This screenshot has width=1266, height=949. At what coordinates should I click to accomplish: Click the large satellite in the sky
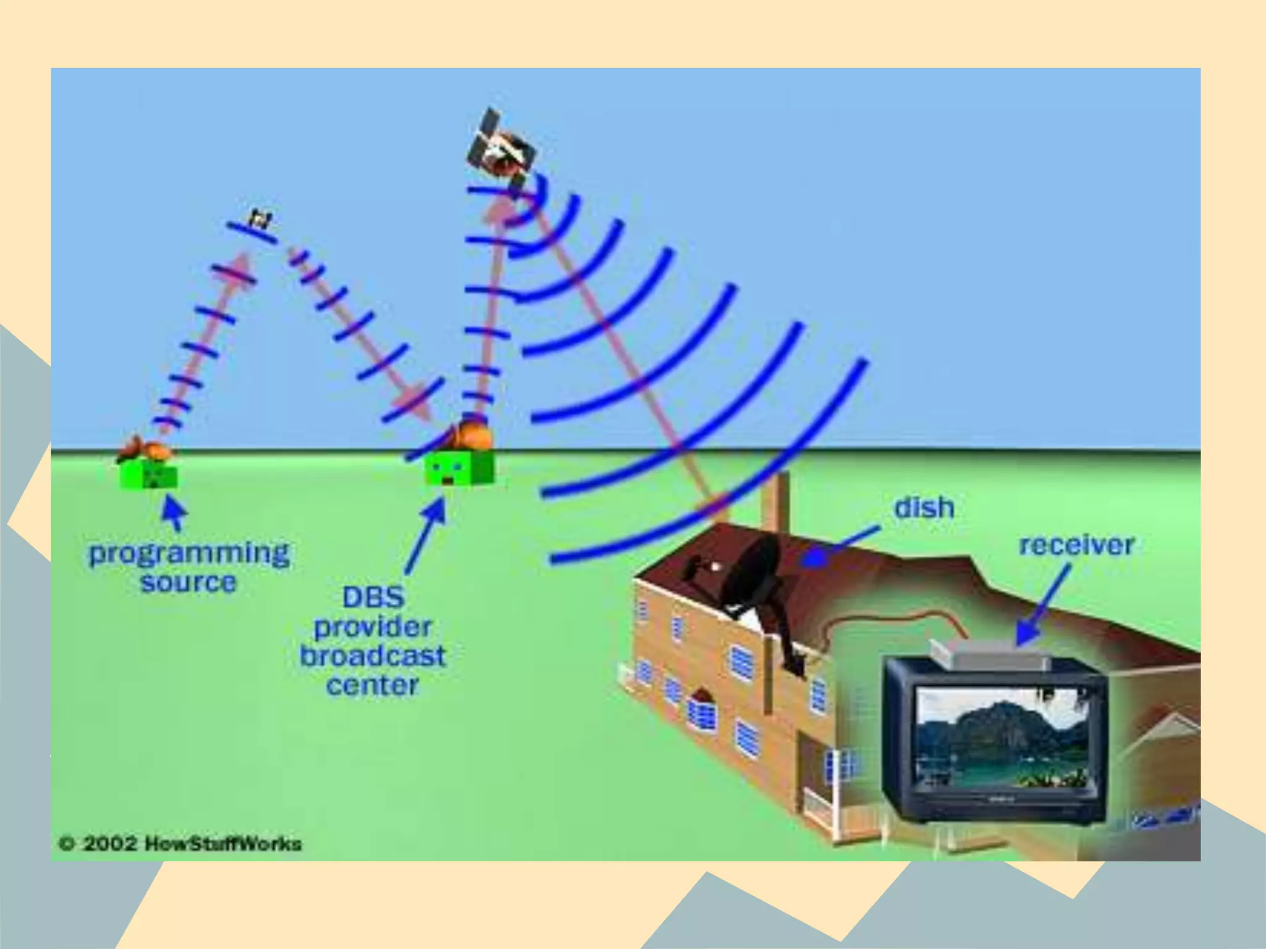coord(501,149)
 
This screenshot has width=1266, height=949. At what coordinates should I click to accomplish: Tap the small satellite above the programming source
coord(260,219)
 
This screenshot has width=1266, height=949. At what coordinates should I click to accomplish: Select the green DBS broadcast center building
coord(459,470)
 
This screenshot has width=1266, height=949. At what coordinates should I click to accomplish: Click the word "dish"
coord(924,508)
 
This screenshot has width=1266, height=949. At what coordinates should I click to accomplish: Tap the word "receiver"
coord(1076,545)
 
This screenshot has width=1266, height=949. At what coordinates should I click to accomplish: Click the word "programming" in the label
coord(189,554)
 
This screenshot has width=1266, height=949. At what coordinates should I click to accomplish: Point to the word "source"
coord(189,583)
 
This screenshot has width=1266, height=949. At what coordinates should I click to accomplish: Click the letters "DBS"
coord(373,597)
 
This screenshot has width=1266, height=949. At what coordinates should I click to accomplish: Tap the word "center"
coord(373,685)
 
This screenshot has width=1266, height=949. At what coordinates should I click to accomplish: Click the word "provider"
coord(373,628)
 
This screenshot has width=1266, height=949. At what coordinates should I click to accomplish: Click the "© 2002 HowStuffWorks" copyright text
coord(180,843)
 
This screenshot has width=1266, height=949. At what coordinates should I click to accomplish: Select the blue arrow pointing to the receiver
coord(1045,605)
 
